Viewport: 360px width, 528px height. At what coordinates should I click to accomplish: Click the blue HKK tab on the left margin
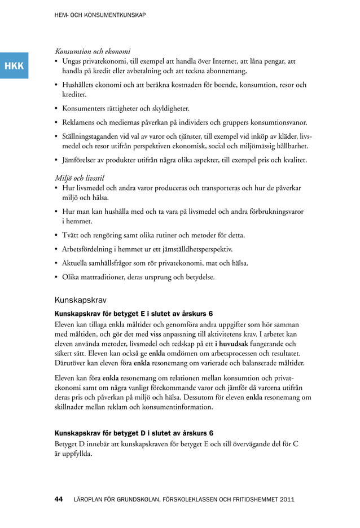click(x=14, y=66)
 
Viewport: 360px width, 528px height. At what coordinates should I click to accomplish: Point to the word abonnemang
click(x=226, y=72)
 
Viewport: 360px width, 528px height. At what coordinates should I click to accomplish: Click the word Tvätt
click(x=72, y=235)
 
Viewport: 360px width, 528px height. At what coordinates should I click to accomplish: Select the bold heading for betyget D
click(x=133, y=433)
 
